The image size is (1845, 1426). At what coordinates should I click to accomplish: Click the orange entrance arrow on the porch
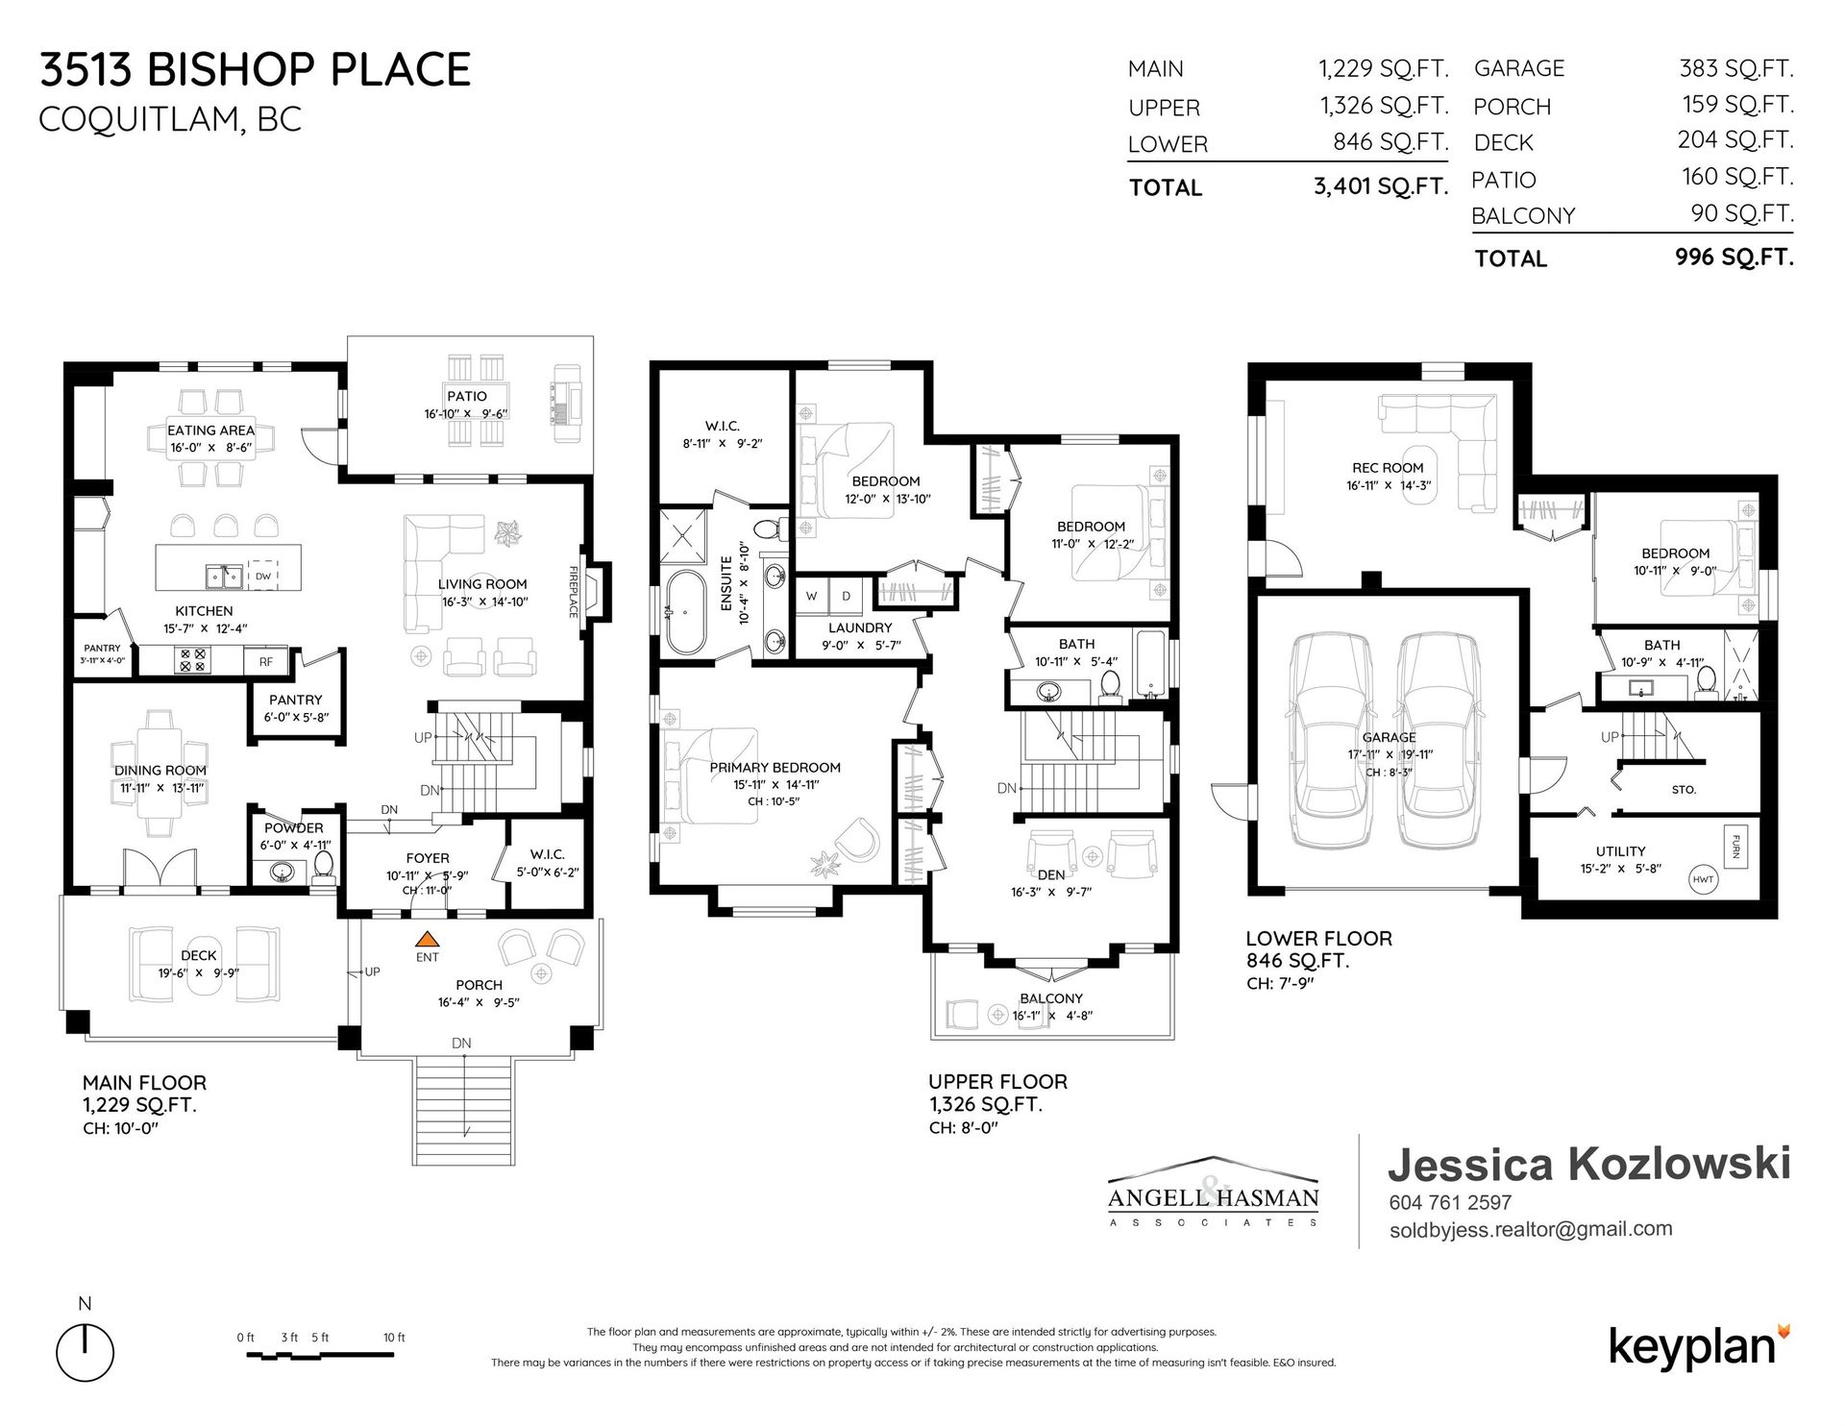tap(428, 939)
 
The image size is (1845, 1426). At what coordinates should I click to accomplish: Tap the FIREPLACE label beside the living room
tap(574, 591)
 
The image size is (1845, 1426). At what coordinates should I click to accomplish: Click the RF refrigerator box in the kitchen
tap(265, 661)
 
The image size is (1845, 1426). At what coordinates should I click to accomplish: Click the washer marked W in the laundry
tap(812, 596)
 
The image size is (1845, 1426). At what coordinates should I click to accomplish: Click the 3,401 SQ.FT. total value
tap(1381, 186)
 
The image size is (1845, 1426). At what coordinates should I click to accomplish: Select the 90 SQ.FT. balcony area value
tap(1742, 213)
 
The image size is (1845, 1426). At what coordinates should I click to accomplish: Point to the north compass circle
tap(86, 1350)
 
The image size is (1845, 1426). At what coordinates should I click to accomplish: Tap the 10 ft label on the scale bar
tap(394, 1337)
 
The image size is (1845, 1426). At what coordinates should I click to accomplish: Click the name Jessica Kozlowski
tap(1589, 1164)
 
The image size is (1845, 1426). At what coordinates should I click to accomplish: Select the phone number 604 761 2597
tap(1450, 1202)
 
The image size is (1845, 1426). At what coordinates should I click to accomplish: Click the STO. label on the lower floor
tap(1684, 790)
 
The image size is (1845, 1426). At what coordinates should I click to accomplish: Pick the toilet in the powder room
tap(323, 866)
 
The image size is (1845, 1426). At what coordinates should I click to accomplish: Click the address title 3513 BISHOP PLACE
tap(255, 70)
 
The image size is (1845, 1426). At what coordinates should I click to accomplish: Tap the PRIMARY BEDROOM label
tap(775, 768)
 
